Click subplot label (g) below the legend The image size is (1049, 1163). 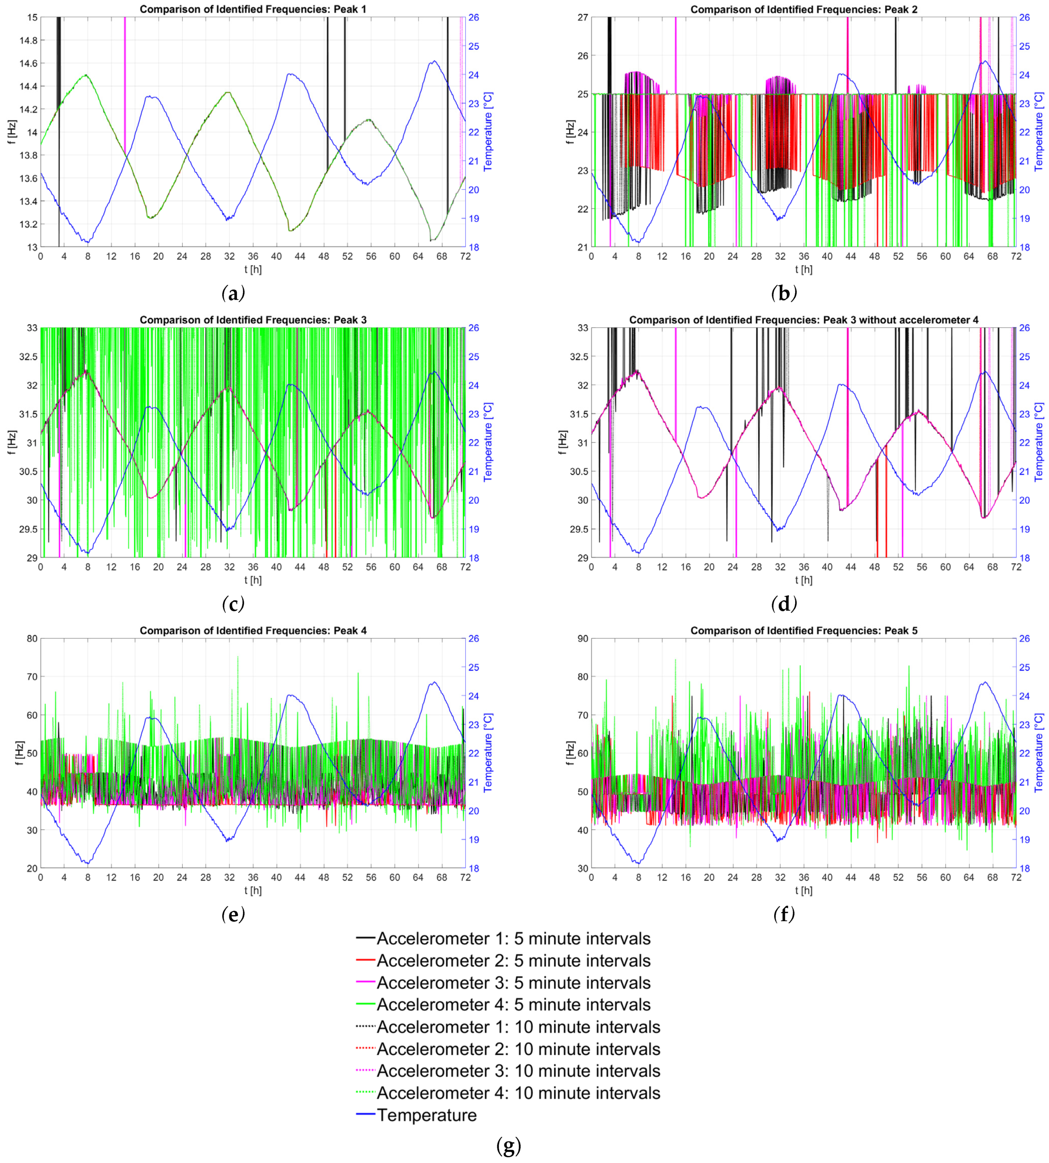coord(508,1146)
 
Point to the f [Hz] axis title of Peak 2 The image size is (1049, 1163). coord(570,132)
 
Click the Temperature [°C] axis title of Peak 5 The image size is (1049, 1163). coord(1039,753)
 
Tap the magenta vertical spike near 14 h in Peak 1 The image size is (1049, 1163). coord(125,81)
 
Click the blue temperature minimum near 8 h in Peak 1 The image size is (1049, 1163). coord(87,241)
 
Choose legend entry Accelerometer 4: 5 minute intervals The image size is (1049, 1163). coord(513,1004)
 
